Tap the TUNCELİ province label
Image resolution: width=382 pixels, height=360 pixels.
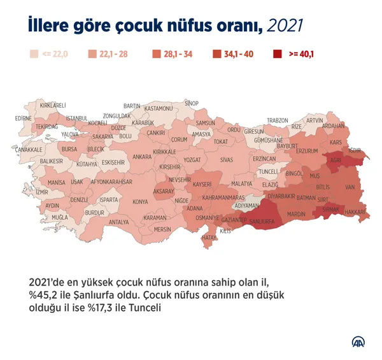tap(267, 171)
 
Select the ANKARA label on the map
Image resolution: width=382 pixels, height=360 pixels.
tap(141, 156)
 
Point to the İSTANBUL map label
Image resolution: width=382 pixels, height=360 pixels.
tap(76, 118)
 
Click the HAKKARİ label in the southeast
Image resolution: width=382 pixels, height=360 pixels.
tap(356, 211)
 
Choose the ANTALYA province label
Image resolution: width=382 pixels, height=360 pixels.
tap(118, 222)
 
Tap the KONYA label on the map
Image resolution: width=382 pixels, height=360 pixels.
tap(139, 202)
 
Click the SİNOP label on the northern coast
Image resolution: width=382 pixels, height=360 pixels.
tap(191, 103)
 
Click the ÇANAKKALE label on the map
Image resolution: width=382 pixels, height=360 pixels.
tap(29, 149)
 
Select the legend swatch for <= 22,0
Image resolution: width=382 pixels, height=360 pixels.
tap(36, 54)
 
